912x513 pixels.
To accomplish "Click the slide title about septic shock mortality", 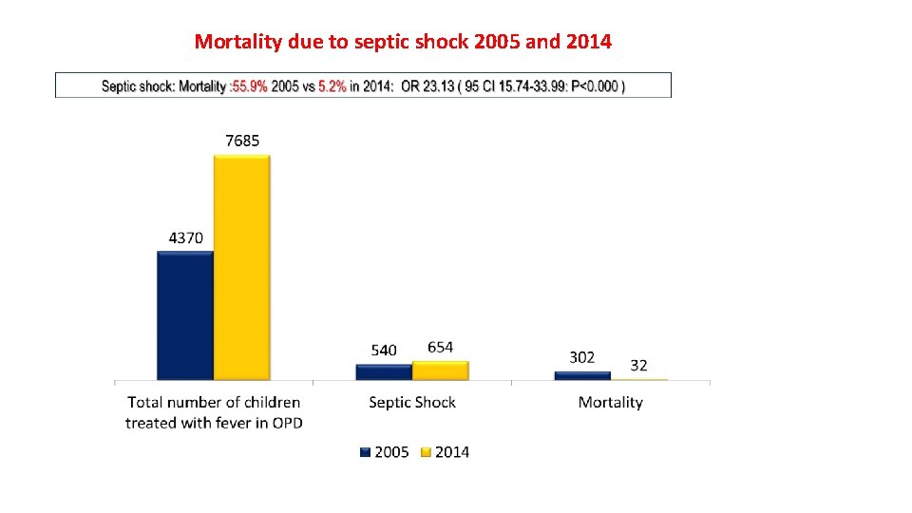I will [x=403, y=42].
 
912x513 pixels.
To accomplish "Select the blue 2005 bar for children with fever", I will [x=185, y=315].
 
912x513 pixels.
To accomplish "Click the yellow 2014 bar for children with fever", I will [x=241, y=267].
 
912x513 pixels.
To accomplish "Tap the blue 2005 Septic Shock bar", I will [x=384, y=371].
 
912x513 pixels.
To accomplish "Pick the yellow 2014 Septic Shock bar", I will [x=441, y=370].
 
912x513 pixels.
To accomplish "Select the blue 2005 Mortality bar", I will [x=582, y=375].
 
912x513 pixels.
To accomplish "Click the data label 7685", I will [x=242, y=141].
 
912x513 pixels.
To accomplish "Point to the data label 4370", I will [x=185, y=237].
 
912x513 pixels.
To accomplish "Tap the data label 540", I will [x=384, y=351].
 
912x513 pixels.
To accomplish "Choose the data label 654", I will [x=441, y=347].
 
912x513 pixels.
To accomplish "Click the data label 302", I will [x=582, y=357].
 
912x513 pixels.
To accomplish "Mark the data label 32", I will [x=638, y=365].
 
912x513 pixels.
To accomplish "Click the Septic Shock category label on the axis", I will [x=412, y=403].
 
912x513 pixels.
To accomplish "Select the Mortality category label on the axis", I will [x=611, y=403].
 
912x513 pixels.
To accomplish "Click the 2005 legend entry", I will [x=385, y=452].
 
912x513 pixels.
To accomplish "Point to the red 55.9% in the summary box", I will [x=249, y=86].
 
